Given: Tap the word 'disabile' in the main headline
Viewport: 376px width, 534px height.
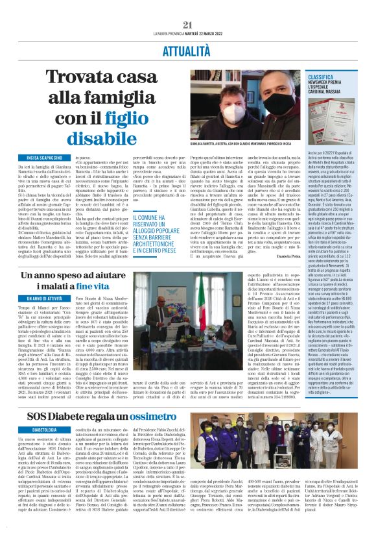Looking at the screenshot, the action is [97, 138].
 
